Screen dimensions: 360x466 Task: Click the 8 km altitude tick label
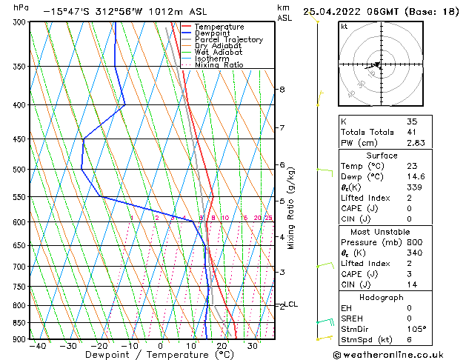(x=282, y=90)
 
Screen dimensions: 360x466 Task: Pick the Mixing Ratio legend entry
(x=219, y=65)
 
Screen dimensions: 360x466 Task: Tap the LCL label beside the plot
(x=291, y=304)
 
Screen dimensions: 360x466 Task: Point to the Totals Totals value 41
(x=412, y=132)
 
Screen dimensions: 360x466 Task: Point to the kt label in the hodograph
(x=344, y=27)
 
